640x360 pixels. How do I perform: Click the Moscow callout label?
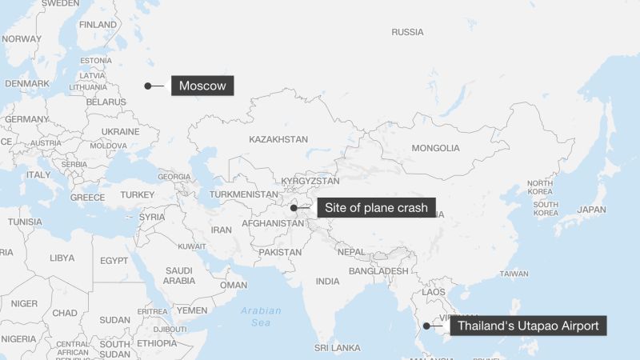(202, 86)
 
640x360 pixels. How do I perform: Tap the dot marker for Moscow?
(148, 86)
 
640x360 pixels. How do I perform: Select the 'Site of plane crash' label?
(378, 208)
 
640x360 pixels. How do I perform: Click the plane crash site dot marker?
(294, 208)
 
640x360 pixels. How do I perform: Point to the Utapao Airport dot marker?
(426, 326)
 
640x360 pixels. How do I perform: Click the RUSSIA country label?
(407, 32)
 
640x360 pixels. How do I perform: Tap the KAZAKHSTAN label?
(278, 139)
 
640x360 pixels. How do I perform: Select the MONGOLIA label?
(435, 148)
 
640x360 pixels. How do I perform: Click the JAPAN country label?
(592, 210)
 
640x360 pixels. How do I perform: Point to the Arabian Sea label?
(262, 316)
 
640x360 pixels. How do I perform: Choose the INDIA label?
(327, 281)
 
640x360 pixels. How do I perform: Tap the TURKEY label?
(138, 194)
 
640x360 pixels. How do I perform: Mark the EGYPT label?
(114, 260)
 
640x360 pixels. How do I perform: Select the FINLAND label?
(98, 25)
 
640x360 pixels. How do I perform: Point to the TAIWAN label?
(514, 274)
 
